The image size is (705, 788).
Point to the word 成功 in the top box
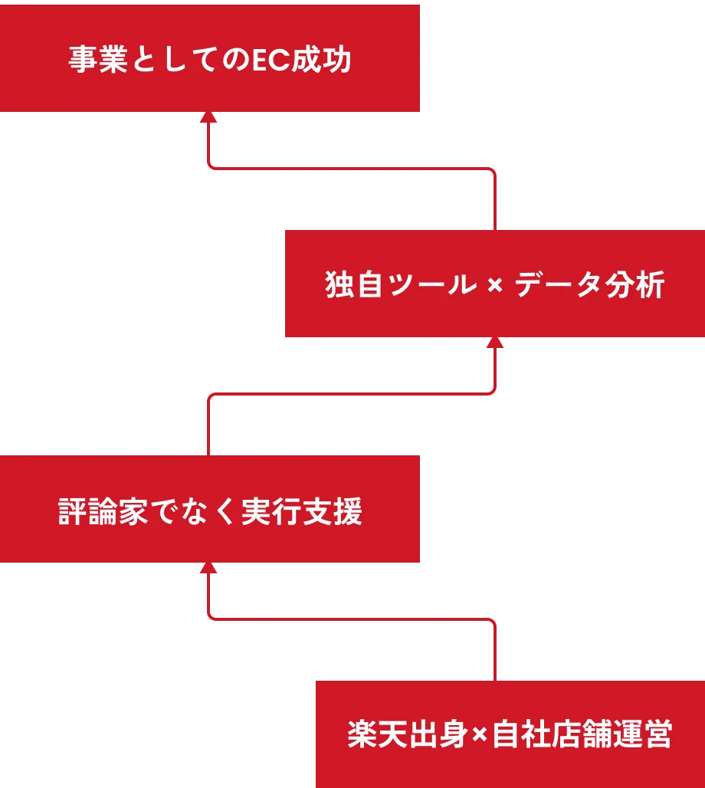pyautogui.click(x=321, y=61)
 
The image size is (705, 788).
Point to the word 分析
pyautogui.click(x=641, y=285)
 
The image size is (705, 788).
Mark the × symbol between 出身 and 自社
pyautogui.click(x=479, y=736)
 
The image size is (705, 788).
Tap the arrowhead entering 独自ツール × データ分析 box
pyautogui.click(x=496, y=342)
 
